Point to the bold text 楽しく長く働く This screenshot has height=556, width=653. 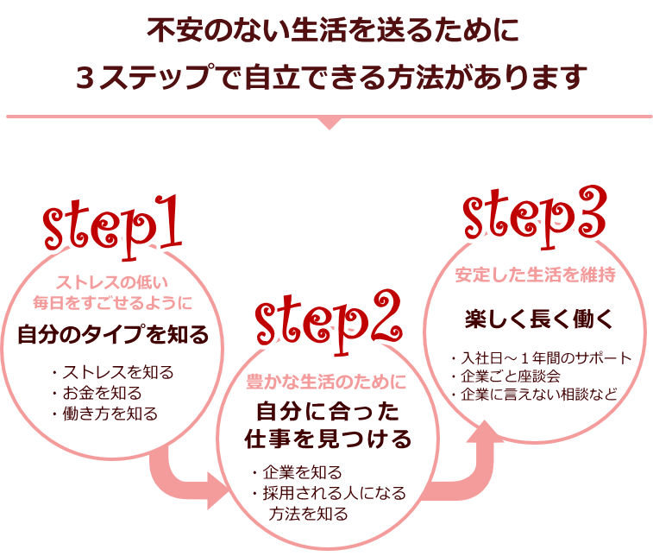pyautogui.click(x=539, y=319)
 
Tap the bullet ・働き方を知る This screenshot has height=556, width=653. pyautogui.click(x=104, y=414)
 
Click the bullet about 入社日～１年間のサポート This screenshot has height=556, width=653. pyautogui.click(x=541, y=357)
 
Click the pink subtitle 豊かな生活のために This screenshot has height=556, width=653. pyautogui.click(x=326, y=380)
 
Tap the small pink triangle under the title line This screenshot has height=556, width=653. pyautogui.click(x=329, y=123)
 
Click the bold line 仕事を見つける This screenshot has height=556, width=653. pyautogui.click(x=326, y=439)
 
